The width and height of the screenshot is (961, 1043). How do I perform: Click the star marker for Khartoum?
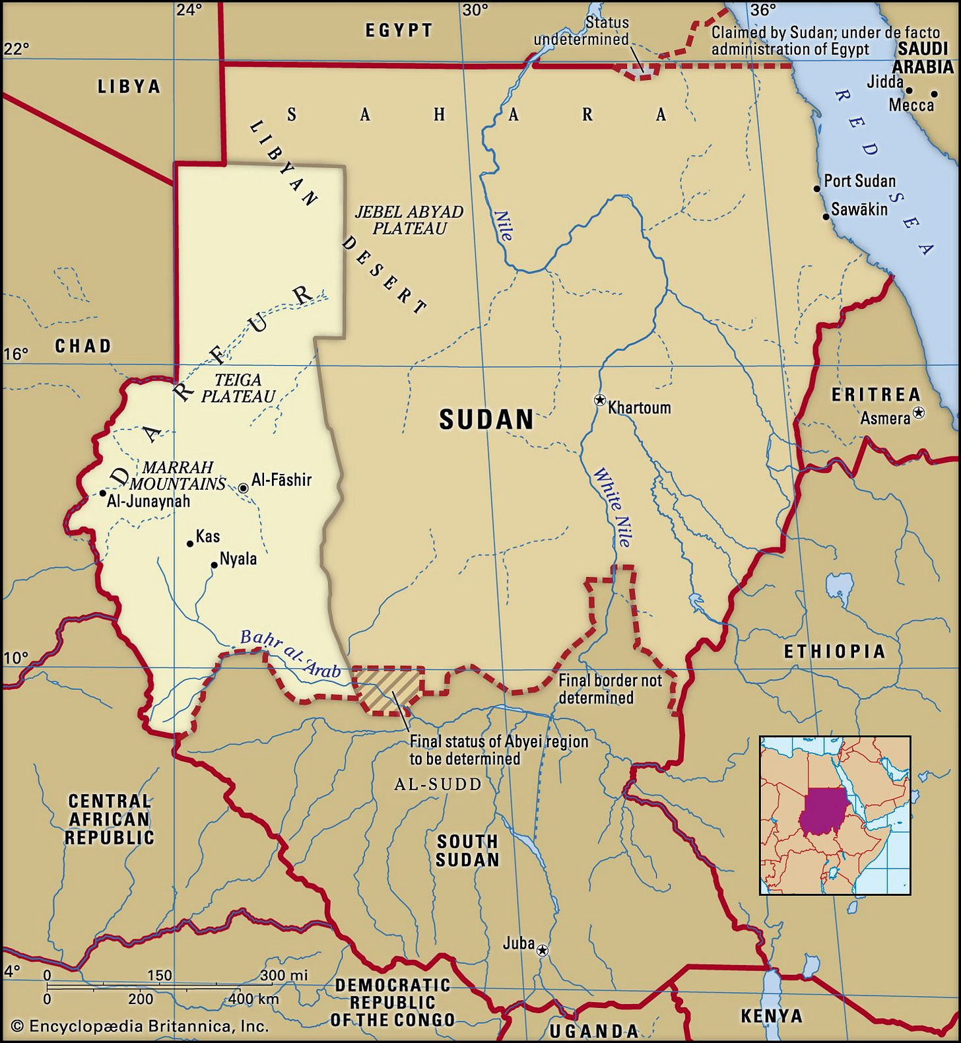click(x=600, y=400)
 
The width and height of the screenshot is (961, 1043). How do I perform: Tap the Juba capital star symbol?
click(x=543, y=951)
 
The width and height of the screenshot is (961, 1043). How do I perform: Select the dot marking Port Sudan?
click(x=816, y=189)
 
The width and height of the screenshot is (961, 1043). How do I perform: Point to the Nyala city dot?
click(x=215, y=565)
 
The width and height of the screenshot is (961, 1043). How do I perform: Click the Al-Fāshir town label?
click(x=281, y=480)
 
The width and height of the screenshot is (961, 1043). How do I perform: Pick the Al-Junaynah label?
click(x=149, y=501)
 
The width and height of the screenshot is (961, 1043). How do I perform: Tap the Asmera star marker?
click(x=918, y=413)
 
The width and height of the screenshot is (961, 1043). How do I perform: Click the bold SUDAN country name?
click(x=486, y=420)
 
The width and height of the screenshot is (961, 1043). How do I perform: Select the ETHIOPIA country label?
click(x=834, y=652)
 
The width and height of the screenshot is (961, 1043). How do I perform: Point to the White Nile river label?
click(x=612, y=507)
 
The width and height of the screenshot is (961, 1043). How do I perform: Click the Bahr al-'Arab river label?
click(x=290, y=654)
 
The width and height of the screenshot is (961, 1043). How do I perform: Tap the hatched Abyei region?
click(x=388, y=688)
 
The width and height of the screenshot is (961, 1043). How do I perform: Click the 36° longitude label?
click(x=762, y=10)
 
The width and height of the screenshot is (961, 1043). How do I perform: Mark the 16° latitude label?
click(x=16, y=354)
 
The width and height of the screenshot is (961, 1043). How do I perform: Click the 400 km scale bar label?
click(x=253, y=999)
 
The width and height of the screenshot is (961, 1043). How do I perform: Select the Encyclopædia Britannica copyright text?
click(x=140, y=1026)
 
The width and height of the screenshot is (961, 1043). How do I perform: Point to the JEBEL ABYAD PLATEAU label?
click(x=409, y=220)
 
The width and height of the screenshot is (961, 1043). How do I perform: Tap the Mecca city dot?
click(x=934, y=94)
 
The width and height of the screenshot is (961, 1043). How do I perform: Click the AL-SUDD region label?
click(x=438, y=784)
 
